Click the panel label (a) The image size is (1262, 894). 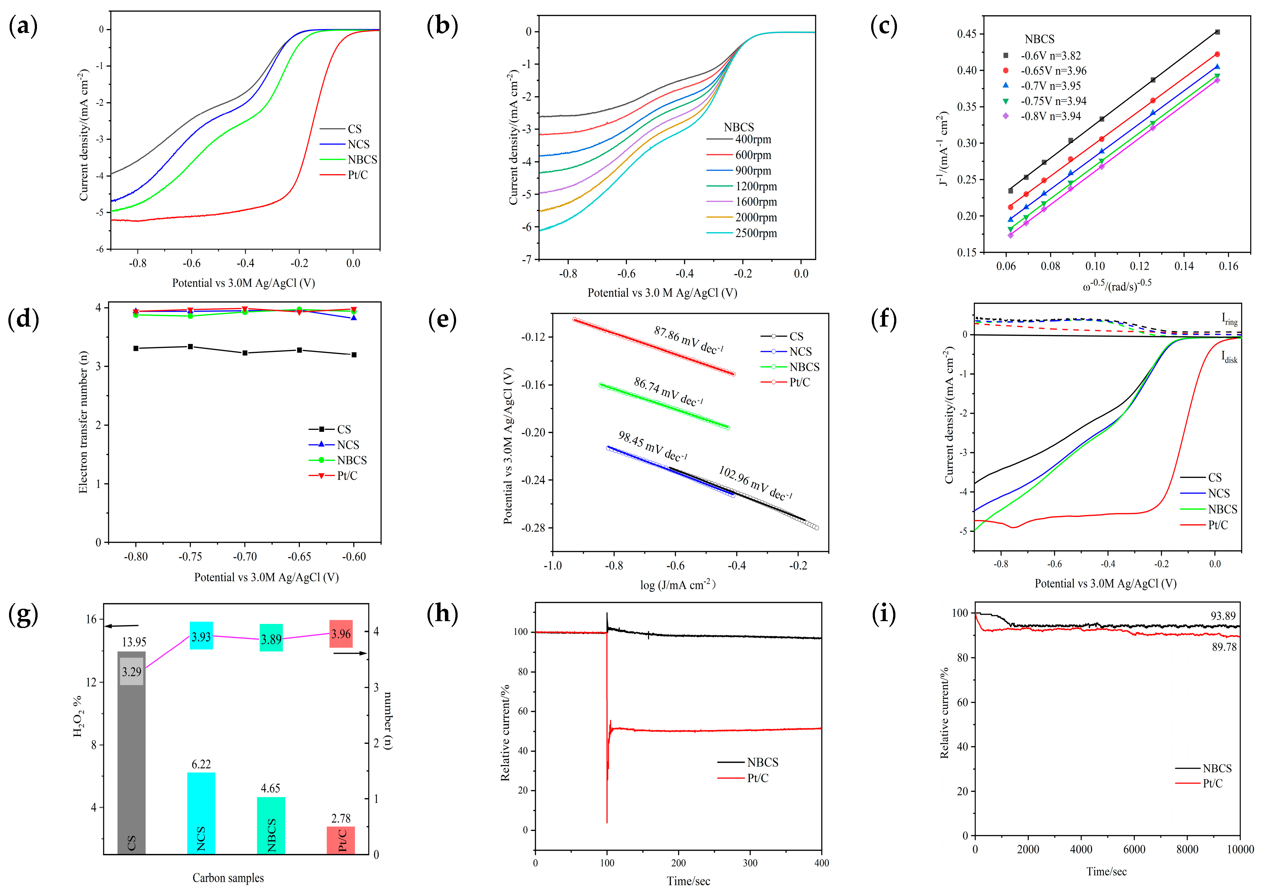click(23, 26)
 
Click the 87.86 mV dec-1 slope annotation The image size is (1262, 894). click(688, 340)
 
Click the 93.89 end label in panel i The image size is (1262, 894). click(1223, 616)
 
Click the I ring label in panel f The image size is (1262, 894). click(1229, 319)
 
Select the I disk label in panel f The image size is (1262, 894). click(1229, 357)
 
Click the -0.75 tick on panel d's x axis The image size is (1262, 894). click(190, 557)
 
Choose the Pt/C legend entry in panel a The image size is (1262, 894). click(357, 175)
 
